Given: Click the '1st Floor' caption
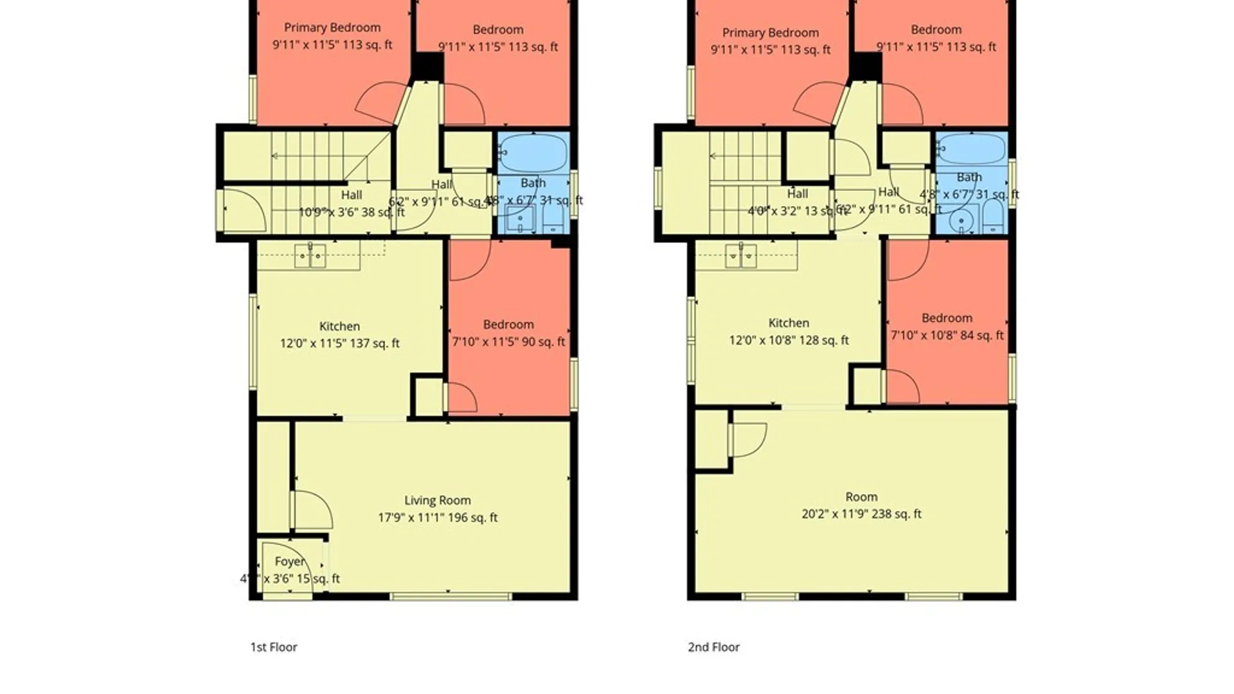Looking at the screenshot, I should [274, 647].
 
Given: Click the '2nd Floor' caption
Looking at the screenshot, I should [713, 647].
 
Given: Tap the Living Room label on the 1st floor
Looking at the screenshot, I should [437, 501].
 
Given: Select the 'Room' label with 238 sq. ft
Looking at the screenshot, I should [861, 497].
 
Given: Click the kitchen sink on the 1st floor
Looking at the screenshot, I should [310, 256].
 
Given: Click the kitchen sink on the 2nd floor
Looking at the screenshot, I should [740, 256].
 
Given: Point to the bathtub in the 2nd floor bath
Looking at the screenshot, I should [970, 150].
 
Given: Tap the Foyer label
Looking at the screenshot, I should [289, 562].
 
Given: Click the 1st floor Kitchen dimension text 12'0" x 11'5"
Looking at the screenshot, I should [339, 343].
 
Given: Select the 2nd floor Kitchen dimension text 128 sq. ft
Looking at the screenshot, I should [789, 341].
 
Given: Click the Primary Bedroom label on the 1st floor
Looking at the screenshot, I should [332, 28].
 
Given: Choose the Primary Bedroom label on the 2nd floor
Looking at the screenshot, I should [770, 33].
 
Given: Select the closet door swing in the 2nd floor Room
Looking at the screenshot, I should [749, 439].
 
